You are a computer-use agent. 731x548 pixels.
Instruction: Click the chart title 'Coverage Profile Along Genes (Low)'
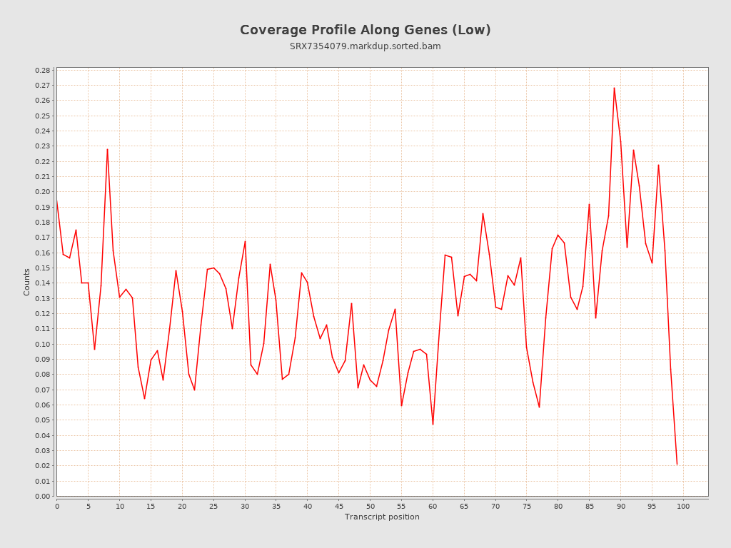pos(365,30)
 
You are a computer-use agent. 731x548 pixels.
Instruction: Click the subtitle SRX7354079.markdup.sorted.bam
pos(365,46)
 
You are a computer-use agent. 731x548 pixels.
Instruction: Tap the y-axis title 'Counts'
pos(27,282)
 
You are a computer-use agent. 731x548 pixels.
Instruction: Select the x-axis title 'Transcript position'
pos(382,517)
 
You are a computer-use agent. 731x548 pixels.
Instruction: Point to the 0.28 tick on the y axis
pos(43,71)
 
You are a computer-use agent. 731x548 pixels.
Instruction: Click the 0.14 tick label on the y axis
pos(43,283)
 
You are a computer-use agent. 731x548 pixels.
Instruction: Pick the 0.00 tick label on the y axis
pos(43,496)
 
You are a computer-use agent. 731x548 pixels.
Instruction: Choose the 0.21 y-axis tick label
pos(43,177)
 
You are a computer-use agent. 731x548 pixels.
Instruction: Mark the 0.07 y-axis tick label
pos(43,390)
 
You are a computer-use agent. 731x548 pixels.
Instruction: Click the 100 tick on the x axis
pos(683,506)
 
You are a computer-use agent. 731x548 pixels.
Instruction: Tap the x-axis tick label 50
pos(370,506)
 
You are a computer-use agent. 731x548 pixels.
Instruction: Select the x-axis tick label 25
pos(213,506)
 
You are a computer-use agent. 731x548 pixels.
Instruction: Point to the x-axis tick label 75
pos(527,506)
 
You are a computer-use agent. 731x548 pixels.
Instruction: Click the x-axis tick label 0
pos(57,506)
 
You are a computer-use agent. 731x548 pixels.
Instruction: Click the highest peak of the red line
pos(614,88)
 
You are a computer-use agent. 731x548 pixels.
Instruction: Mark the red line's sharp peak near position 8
pos(107,149)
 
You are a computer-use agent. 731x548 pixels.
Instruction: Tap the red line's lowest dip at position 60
pos(433,425)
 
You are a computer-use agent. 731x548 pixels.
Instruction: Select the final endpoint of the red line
pos(677,465)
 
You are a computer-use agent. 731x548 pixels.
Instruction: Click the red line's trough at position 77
pos(539,407)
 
